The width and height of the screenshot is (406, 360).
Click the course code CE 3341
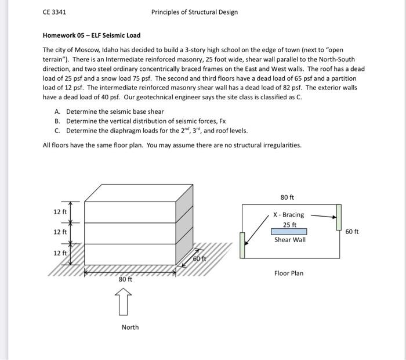(x=55, y=12)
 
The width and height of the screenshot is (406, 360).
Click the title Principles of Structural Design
(x=194, y=12)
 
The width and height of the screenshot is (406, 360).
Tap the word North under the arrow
(x=130, y=327)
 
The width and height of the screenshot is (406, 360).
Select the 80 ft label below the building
(x=126, y=279)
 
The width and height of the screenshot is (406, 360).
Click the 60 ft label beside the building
(x=200, y=258)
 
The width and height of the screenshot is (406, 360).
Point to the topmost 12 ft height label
(x=60, y=211)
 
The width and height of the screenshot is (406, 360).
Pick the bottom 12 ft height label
(x=60, y=253)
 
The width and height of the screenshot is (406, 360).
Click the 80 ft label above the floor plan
(x=288, y=197)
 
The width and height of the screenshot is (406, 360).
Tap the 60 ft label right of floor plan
(x=352, y=232)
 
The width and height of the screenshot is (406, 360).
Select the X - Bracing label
(x=288, y=215)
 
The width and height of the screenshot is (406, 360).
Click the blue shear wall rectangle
(x=289, y=232)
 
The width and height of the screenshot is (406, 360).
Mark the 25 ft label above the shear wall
(x=289, y=225)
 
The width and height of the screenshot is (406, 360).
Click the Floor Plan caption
(x=289, y=273)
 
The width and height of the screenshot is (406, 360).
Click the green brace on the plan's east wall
(x=339, y=217)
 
